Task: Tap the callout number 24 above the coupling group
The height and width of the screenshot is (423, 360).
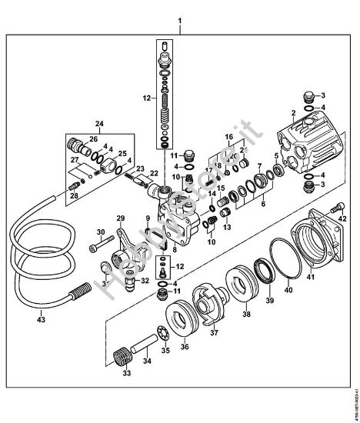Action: click(x=98, y=123)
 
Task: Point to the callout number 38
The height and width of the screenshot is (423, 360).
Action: click(x=247, y=315)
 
